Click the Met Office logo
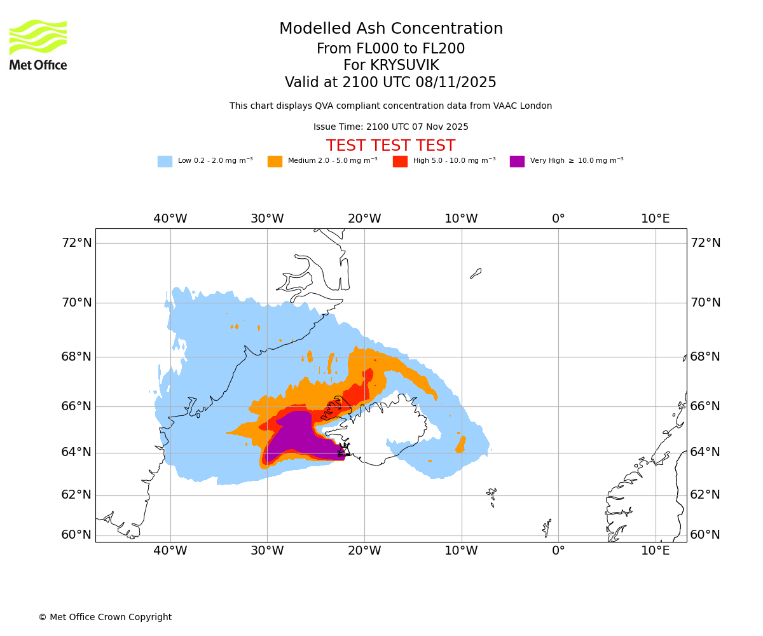tap(38, 45)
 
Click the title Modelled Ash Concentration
tap(390, 29)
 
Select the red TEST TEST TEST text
tap(390, 146)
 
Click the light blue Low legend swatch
tap(165, 162)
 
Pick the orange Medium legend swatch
tap(275, 162)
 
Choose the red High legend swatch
tap(400, 162)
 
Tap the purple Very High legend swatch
tap(517, 162)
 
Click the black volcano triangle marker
tap(343, 451)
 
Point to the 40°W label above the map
tap(170, 219)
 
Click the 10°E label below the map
tap(655, 551)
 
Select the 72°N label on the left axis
tap(76, 243)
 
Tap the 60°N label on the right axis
tap(705, 535)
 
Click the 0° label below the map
tap(558, 551)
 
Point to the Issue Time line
tap(390, 127)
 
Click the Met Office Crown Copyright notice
tap(105, 618)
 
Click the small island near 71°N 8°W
tap(476, 273)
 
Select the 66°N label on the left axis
tap(76, 406)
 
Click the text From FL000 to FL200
tap(390, 49)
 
